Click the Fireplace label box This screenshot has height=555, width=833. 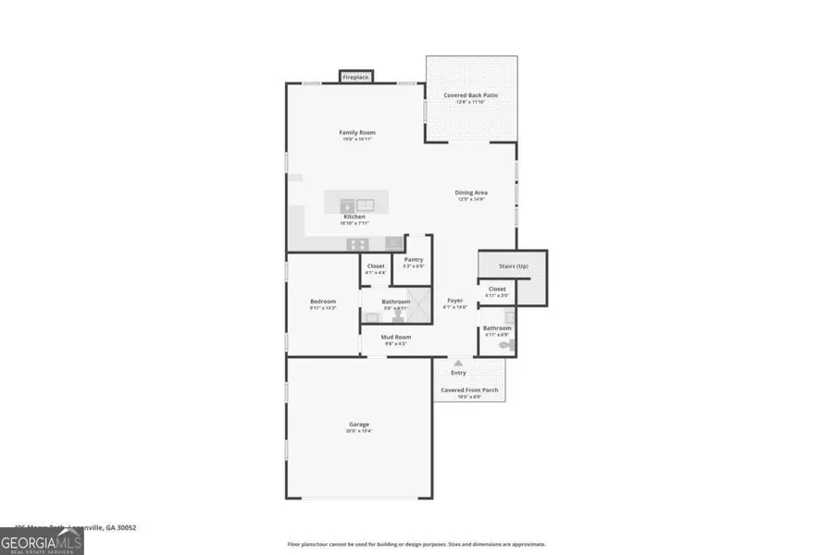point(356,78)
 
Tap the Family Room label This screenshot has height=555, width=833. point(356,133)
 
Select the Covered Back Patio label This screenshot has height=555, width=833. point(471,96)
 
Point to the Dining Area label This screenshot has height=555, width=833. point(471,193)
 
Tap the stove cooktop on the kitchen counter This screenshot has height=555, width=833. point(356,243)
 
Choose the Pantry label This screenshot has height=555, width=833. point(413,261)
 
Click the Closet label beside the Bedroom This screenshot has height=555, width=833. point(375,267)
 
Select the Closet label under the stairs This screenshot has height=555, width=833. point(497,290)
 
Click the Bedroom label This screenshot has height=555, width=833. point(322,302)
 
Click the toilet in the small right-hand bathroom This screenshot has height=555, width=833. point(504,344)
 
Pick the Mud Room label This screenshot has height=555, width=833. point(396,339)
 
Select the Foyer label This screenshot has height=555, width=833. point(454,302)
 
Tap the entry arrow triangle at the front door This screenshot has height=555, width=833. point(457,364)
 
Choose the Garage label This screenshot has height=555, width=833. point(359,425)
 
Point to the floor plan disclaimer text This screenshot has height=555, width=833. point(416,545)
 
